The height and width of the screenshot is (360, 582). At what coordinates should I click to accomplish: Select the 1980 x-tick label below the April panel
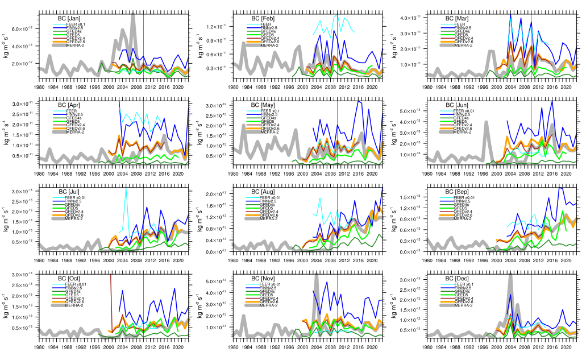click(39, 173)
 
